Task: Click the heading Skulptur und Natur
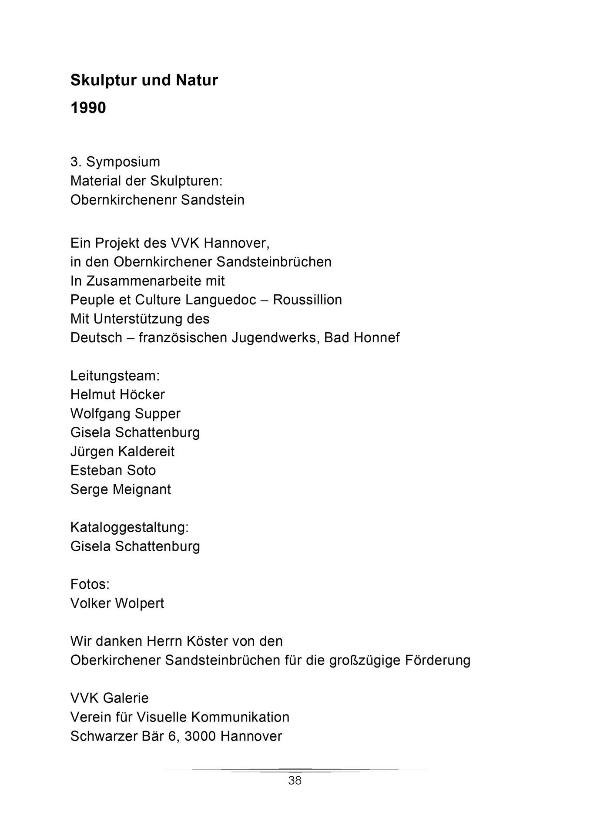point(144,81)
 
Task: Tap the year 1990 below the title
point(88,108)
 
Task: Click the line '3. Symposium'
point(115,162)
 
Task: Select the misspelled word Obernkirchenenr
point(123,200)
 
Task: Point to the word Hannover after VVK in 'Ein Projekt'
point(237,243)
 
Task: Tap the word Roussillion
point(307,300)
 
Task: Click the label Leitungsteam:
point(115,375)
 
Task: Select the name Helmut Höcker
point(117,394)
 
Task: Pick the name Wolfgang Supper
point(125,413)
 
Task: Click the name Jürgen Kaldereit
point(122,451)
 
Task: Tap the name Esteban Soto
point(113,470)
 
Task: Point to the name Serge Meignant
point(121,489)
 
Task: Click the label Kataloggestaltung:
point(130,527)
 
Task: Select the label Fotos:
point(90,584)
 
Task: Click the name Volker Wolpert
point(117,603)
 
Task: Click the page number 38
point(295,781)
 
